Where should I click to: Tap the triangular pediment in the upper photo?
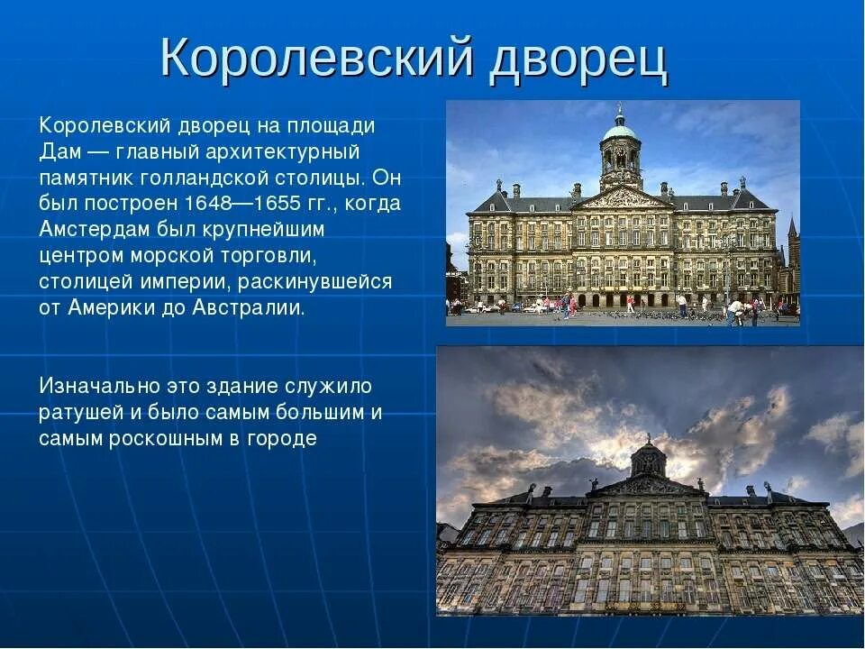click(x=622, y=197)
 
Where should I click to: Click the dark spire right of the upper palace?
click(x=792, y=230)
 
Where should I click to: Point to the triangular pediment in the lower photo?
click(x=648, y=486)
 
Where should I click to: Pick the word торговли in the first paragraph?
click(x=267, y=255)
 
